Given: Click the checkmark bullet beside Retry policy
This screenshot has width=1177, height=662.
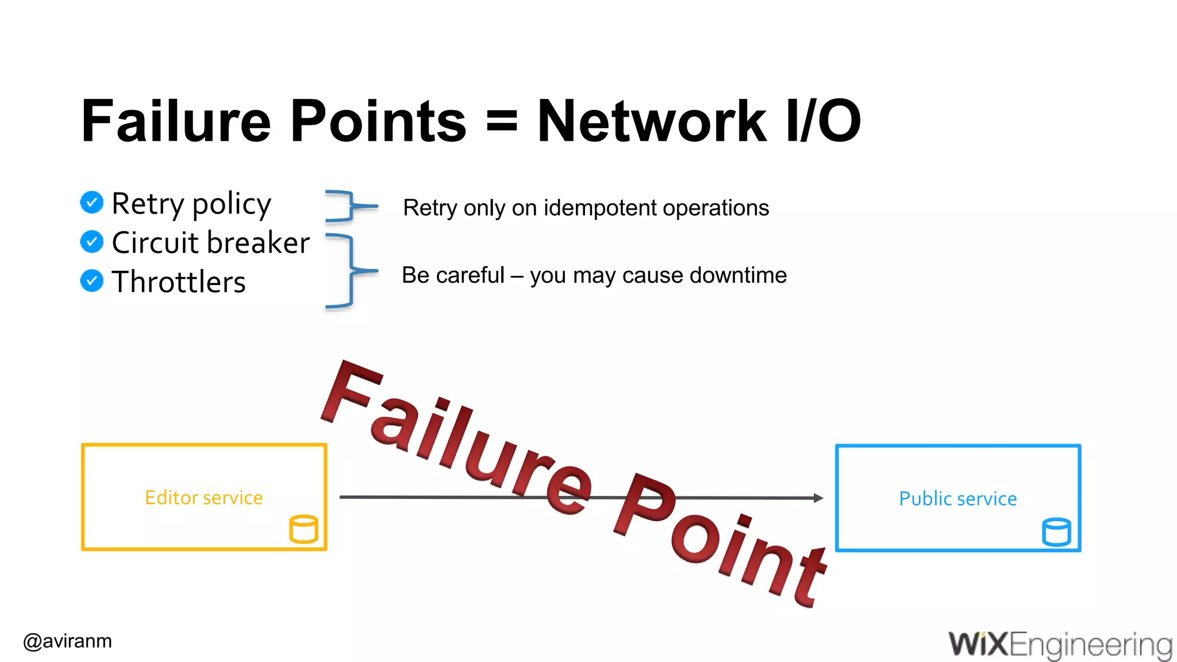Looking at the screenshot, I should pos(92,202).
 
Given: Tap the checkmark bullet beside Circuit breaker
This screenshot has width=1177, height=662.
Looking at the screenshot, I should pos(92,242).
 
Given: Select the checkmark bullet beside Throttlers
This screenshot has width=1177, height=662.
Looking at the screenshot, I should pos(92,281).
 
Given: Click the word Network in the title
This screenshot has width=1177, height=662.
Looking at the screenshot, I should pos(652,121).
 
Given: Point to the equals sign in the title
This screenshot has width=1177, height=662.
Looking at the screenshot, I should pos(502,122).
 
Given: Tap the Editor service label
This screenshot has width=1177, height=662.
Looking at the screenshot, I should pos(203,498).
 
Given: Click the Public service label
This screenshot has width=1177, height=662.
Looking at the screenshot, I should pos(957,499).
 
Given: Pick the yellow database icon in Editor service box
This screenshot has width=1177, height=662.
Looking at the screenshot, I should pos(303,529).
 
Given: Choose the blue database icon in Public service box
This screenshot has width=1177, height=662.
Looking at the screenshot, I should pos(1056,532).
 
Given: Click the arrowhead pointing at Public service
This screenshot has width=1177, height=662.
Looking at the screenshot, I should pos(818,498).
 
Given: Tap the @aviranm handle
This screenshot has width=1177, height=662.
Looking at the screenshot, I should pos(68,641).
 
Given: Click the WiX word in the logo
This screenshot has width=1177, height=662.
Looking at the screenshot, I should pos(978,644).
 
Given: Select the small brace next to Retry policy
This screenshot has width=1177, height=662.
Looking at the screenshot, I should pos(348,205).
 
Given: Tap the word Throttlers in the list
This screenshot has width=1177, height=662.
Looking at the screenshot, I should pos(179,282).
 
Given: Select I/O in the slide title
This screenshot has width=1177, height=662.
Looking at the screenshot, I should pos(824,121).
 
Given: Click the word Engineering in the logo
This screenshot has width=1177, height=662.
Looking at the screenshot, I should pos(1090,645).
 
